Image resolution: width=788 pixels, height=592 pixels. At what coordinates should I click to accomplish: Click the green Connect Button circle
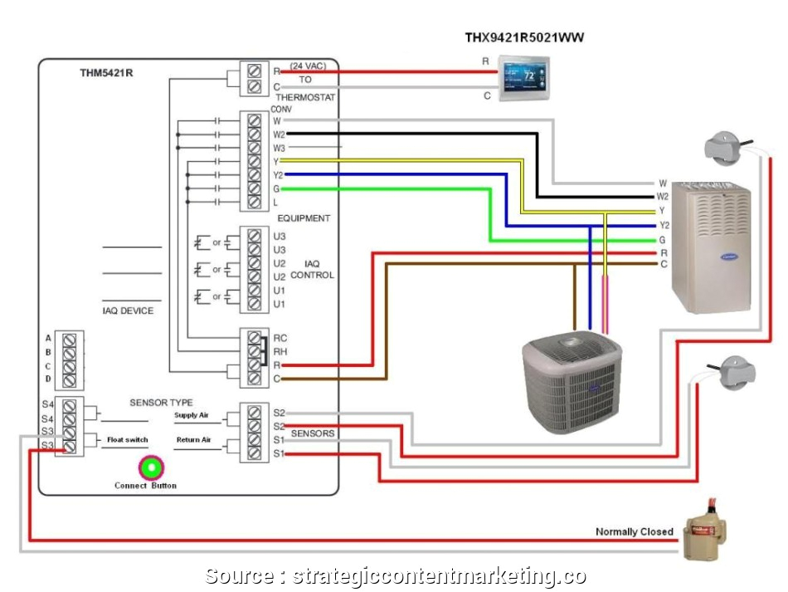[x=152, y=467]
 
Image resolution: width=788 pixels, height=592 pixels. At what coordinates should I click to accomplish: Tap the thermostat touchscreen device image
[x=523, y=79]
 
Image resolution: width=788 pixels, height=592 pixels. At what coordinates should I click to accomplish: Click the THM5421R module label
[x=106, y=73]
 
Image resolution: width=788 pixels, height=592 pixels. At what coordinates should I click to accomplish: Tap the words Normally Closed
[x=634, y=531]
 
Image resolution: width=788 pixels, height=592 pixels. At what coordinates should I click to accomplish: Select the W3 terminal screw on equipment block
[x=255, y=147]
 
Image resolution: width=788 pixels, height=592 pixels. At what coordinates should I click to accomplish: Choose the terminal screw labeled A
[x=71, y=339]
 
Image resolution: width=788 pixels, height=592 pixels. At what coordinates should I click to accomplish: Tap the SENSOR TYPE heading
[x=161, y=403]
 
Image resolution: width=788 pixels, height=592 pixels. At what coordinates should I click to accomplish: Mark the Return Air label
[x=193, y=439]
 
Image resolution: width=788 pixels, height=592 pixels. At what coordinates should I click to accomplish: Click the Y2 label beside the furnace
[x=664, y=225]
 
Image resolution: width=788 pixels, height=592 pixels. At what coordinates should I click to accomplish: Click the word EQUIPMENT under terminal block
[x=303, y=218]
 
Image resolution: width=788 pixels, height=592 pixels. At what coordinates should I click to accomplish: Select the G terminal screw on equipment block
[x=255, y=189]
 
